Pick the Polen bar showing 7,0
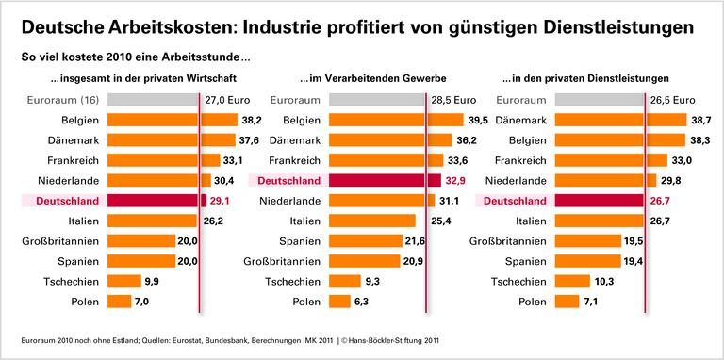click(119, 302)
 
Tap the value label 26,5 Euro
click(673, 100)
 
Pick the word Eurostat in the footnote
click(173, 340)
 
